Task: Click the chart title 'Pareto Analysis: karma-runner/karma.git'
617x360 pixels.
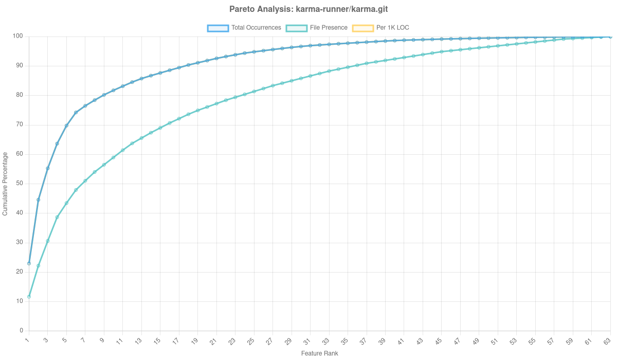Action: click(x=308, y=9)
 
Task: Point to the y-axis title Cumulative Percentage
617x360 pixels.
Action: click(x=5, y=183)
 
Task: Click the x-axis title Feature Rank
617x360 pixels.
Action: click(x=319, y=354)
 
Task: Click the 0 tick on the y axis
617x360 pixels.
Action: click(x=22, y=330)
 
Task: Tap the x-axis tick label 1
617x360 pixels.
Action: click(x=28, y=340)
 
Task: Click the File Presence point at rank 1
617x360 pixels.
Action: click(x=29, y=297)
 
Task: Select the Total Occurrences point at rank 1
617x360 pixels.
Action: click(x=29, y=263)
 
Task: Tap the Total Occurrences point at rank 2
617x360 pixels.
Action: click(x=39, y=200)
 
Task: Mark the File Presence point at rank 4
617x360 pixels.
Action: click(x=57, y=217)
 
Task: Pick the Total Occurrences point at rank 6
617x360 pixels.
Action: click(x=76, y=113)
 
